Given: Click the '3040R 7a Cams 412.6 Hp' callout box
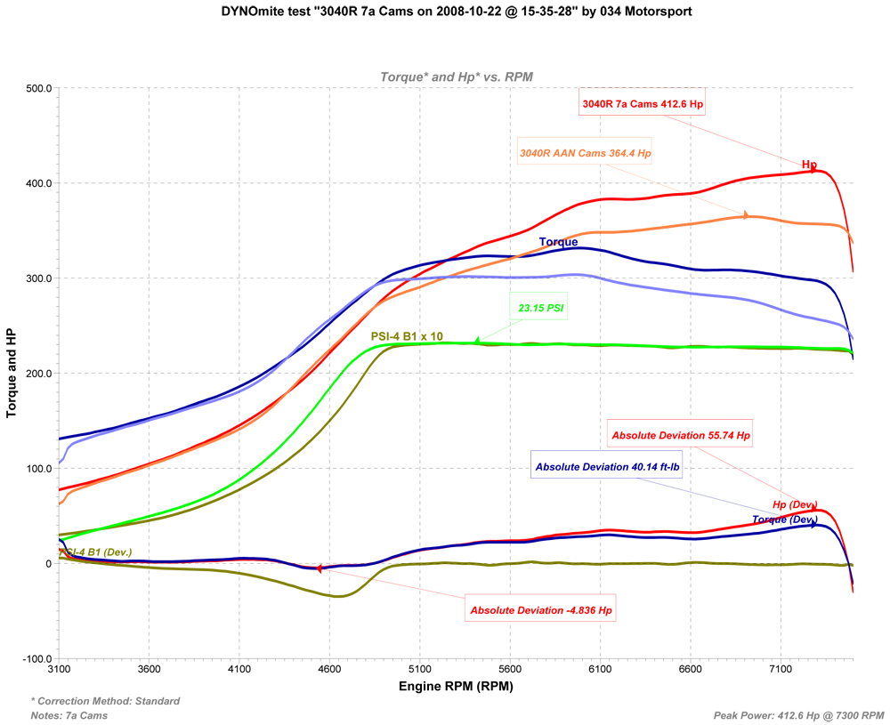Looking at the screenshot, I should coord(642,104).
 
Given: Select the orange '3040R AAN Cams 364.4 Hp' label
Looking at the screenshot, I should coord(585,153).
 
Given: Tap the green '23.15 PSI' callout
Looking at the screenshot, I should coord(541,309).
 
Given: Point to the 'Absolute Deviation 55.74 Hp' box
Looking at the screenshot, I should coord(680,436).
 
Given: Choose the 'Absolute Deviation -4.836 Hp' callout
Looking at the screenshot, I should coord(541,611).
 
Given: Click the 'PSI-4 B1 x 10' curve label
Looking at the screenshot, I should coord(407,336).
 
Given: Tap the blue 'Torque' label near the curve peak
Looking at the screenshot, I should coord(558,242).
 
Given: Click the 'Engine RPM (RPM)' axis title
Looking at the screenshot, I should coord(456,687).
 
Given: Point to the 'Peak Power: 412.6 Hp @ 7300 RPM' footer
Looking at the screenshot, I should coord(798,715).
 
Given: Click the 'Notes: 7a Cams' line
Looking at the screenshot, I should coord(69,715).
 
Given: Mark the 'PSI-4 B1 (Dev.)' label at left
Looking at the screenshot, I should coord(95,552).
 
